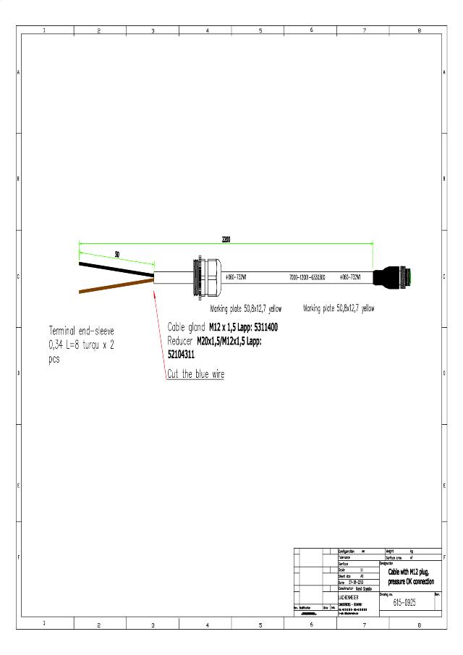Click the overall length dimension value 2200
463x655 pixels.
coord(226,239)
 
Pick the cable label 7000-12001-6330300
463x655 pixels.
coord(307,277)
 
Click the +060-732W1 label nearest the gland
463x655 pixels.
coord(237,277)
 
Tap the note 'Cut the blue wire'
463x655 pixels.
coord(195,374)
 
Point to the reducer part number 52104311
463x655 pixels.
coord(181,355)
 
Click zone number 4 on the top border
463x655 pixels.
coord(208,31)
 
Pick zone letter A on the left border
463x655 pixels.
coord(19,72)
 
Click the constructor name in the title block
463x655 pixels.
coord(364,588)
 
